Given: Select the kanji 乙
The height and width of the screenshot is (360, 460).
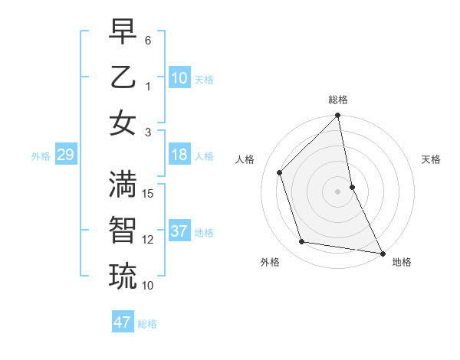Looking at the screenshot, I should [x=123, y=77].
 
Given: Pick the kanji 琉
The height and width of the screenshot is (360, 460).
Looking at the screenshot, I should [x=123, y=277].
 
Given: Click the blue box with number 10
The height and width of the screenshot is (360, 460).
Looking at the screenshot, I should [x=179, y=78].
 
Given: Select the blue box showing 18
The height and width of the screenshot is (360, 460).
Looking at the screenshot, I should [x=179, y=155].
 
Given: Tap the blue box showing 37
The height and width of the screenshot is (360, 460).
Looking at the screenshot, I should [x=179, y=231].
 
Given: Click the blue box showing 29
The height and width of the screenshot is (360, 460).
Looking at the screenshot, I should [x=65, y=155].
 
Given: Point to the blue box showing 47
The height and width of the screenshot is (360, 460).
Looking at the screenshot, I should [x=123, y=322].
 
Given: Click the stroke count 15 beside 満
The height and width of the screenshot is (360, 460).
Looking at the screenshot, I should [x=149, y=194].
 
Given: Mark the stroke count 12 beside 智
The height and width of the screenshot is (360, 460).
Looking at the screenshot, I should [x=149, y=240].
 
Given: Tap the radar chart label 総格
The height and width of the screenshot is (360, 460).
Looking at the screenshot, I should [x=338, y=100].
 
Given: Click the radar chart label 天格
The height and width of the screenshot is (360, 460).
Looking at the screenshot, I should [x=432, y=159].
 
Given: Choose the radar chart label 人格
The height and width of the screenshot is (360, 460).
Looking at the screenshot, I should [x=245, y=159].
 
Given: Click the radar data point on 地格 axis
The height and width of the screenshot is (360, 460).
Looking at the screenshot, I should [x=382, y=253].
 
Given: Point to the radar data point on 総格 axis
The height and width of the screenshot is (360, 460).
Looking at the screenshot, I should [x=338, y=116].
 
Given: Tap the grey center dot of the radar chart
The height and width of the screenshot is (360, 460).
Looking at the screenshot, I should [x=338, y=191].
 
